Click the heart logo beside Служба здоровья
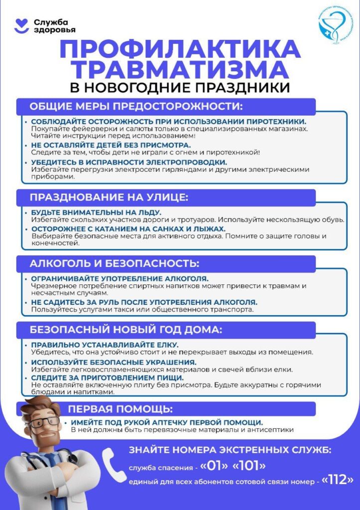21,26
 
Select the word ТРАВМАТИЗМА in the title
180,70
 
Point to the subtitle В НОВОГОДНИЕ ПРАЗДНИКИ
180,88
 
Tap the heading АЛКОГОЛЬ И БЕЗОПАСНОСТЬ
115,263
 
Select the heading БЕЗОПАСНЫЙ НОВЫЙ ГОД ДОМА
126,330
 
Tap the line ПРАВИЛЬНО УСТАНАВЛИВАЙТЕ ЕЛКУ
105,345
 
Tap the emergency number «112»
338,480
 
